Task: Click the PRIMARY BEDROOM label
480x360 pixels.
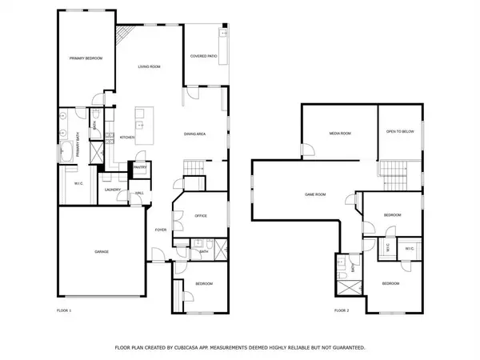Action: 86,58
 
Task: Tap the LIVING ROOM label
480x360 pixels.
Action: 150,66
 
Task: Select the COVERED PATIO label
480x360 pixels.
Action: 204,57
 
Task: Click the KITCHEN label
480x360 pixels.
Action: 127,138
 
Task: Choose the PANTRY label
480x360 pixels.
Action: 140,167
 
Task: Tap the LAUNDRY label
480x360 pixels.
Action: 112,190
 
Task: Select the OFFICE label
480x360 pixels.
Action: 201,216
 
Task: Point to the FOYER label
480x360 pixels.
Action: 161,230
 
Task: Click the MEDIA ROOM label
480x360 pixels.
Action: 340,133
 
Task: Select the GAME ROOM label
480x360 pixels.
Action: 315,194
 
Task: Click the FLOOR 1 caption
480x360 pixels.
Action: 64,310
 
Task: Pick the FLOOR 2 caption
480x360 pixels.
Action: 342,310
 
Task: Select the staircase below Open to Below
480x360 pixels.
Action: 390,170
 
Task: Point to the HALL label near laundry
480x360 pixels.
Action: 139,194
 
